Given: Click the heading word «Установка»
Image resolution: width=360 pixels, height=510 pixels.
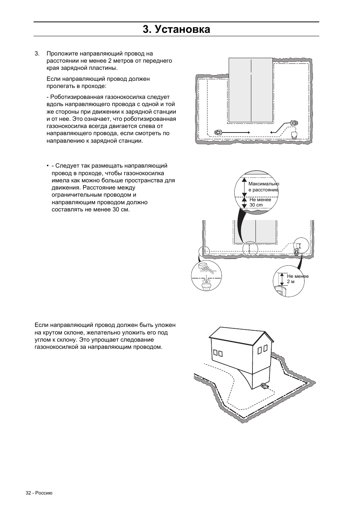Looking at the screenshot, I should click(183, 29).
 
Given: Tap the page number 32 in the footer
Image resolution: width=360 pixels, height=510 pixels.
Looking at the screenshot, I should click(28, 493).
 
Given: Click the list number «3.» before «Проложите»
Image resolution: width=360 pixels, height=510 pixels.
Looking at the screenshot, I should click(37, 54).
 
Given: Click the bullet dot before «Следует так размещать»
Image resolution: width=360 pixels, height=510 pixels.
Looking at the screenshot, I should click(48, 166).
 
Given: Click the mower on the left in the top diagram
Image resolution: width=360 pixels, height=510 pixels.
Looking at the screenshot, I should click(218, 132).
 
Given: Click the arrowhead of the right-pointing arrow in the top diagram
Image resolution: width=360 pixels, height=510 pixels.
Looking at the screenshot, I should click(249, 132).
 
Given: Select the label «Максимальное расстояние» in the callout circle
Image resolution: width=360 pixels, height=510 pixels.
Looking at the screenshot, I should click(263, 187).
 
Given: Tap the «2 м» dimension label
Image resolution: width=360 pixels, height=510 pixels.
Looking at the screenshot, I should click(291, 282).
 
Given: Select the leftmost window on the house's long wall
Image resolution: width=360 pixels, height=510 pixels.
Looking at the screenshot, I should click(215, 353).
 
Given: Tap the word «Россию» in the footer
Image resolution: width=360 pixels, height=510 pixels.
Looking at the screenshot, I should click(45, 493).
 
